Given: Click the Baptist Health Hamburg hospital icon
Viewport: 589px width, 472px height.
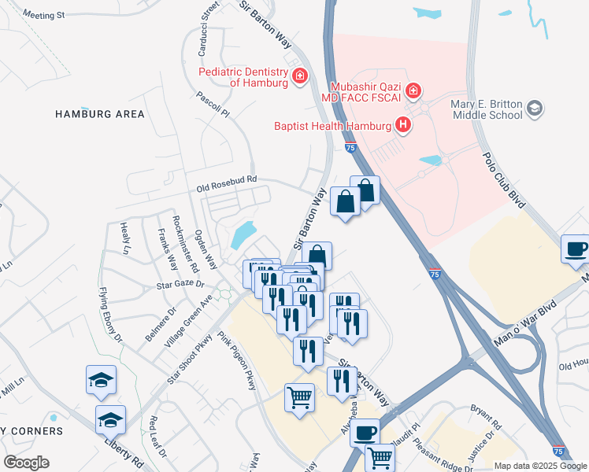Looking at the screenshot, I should [403, 125].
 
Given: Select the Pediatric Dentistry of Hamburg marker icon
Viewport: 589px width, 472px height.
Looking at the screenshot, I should [299, 76].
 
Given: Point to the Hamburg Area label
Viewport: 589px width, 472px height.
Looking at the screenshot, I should [100, 114].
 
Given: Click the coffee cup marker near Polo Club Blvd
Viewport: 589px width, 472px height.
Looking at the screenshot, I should [576, 249].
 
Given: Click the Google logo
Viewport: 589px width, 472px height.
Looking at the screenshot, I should [26, 463].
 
